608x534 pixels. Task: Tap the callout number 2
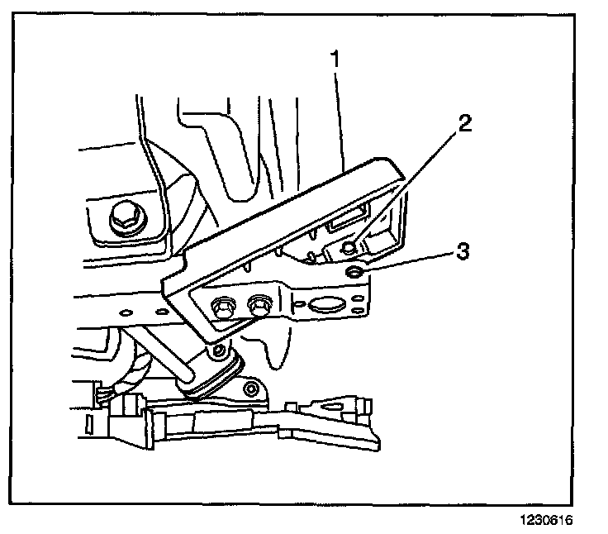tap(465, 125)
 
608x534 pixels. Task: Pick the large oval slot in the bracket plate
tap(325, 304)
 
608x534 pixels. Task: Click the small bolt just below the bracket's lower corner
tap(218, 352)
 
